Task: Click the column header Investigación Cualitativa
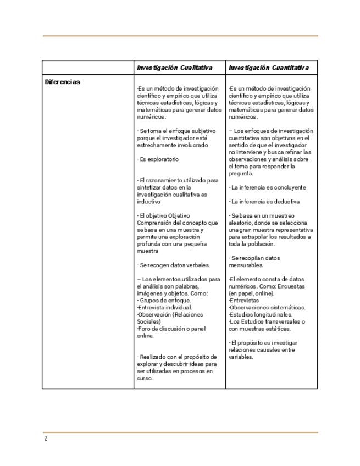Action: click(174, 68)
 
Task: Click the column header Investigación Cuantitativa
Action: click(269, 68)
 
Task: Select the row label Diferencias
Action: click(62, 82)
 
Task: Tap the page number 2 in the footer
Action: click(46, 438)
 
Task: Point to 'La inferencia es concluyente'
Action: click(267, 187)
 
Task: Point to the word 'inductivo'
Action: click(149, 202)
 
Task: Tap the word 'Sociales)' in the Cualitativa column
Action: click(148, 321)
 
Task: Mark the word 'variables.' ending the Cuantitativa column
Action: click(241, 357)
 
